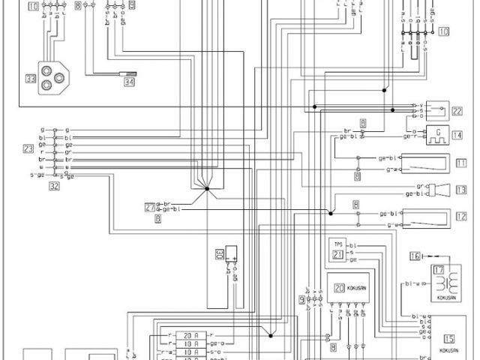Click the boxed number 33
coord(30,79)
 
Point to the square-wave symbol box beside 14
coord(436,135)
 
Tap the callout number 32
coord(54,187)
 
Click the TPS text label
coord(337,244)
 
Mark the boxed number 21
coord(337,255)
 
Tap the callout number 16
coord(414,256)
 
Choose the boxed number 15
coord(449,337)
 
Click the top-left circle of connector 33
coord(46,74)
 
